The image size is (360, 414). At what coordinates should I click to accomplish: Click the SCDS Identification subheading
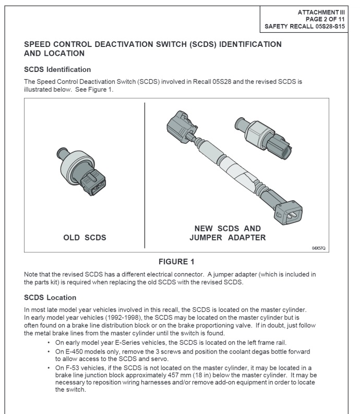coord(57,69)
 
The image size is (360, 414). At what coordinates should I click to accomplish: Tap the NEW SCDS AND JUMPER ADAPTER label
coord(227,233)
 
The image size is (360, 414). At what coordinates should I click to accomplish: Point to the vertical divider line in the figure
coord(145,175)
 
